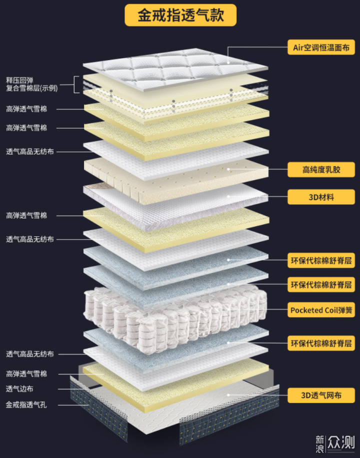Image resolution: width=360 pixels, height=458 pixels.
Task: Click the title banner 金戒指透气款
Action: point(180,15)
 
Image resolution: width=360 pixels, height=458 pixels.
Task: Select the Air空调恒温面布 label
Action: point(321,48)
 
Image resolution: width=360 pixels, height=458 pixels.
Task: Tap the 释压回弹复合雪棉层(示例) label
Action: point(32,84)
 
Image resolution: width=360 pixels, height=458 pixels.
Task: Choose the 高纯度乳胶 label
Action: point(321,169)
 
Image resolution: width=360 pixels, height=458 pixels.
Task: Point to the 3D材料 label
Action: point(321,197)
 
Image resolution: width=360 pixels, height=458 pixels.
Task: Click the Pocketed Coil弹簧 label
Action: point(321,310)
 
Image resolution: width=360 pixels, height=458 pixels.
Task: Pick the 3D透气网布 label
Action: point(321,395)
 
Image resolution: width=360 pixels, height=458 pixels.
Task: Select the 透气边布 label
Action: point(19,389)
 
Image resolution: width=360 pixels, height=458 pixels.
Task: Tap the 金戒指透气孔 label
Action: point(26,405)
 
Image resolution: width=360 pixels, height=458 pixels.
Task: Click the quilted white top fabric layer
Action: point(175,70)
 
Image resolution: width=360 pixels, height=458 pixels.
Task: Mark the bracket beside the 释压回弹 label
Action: point(76,85)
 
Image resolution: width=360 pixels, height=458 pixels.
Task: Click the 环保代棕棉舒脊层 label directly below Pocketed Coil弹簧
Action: point(321,343)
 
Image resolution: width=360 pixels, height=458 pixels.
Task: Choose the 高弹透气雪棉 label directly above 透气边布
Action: point(26,373)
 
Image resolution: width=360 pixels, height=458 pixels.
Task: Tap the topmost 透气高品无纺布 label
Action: point(30,152)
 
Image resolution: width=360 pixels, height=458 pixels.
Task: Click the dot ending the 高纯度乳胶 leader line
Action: point(228,169)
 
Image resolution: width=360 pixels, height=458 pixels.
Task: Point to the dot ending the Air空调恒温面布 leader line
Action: point(228,63)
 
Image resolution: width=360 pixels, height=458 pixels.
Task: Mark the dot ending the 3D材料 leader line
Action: point(228,197)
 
